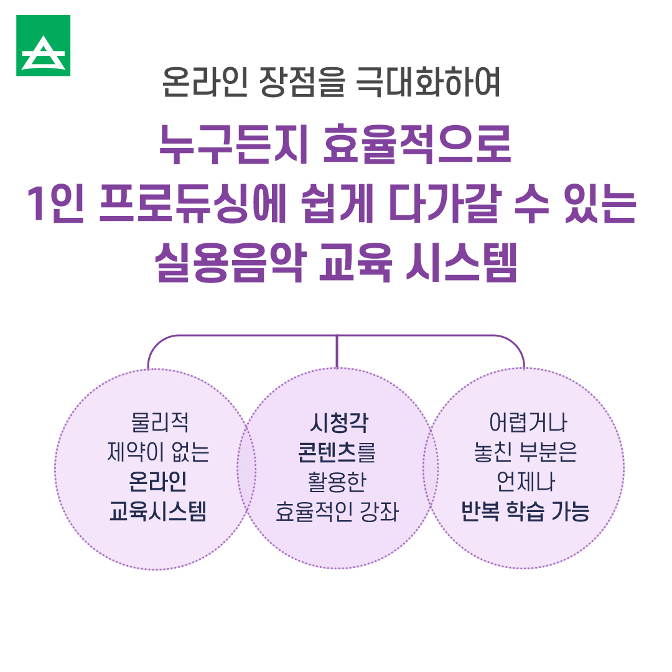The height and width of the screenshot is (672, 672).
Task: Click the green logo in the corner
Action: (43, 45)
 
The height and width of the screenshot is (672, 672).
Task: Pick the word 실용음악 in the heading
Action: (230, 264)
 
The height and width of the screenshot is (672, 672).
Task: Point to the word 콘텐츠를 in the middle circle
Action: (337, 453)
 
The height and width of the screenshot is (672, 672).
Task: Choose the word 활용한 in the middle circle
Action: (337, 483)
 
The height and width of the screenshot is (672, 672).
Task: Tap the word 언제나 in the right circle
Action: (526, 483)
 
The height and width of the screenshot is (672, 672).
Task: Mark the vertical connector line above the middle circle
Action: (337, 352)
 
